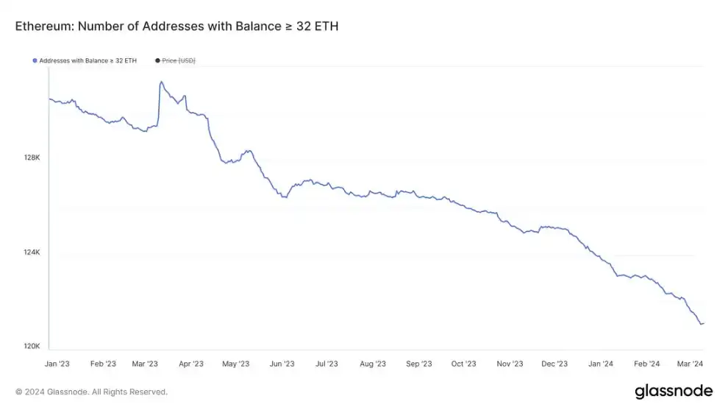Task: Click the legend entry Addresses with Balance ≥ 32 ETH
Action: pyautogui.click(x=88, y=60)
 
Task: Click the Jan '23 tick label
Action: pyautogui.click(x=57, y=364)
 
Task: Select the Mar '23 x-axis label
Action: pyautogui.click(x=145, y=364)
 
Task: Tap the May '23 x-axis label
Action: pyautogui.click(x=236, y=364)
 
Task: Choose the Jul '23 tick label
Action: pyautogui.click(x=326, y=364)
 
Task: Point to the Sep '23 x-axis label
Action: pyautogui.click(x=418, y=364)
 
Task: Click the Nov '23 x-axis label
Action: pyautogui.click(x=510, y=364)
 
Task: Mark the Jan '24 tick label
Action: pyautogui.click(x=601, y=364)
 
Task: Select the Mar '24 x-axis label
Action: pyautogui.click(x=690, y=364)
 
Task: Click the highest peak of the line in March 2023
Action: pyautogui.click(x=161, y=82)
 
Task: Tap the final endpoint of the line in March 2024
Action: pyautogui.click(x=703, y=323)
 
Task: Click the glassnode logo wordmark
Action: pyautogui.click(x=673, y=391)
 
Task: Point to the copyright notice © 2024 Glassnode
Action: pyautogui.click(x=91, y=392)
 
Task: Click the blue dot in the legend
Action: pyautogui.click(x=35, y=60)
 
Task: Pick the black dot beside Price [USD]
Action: pyautogui.click(x=157, y=60)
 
